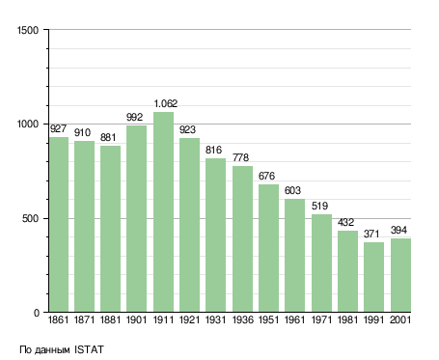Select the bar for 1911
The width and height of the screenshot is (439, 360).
(x=163, y=212)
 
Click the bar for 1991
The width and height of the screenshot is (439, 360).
(x=373, y=277)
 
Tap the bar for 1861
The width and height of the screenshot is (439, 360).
(x=59, y=225)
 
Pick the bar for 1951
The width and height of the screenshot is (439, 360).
(x=268, y=248)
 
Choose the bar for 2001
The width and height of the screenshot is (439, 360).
(x=400, y=275)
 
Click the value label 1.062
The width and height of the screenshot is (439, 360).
(x=166, y=103)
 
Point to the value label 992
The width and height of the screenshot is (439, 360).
(x=134, y=117)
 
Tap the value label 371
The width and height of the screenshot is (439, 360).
(x=371, y=234)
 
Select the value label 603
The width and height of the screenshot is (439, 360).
(x=292, y=190)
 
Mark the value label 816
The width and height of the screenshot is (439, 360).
(x=213, y=150)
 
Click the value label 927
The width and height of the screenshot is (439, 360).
(x=58, y=128)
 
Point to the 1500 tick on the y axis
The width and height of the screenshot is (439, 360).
(x=28, y=30)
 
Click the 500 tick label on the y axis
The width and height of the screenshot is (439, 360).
(x=30, y=219)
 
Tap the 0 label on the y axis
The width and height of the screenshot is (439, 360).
(x=37, y=313)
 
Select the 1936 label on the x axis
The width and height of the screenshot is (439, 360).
(x=242, y=319)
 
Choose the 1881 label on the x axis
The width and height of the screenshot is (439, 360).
(x=110, y=319)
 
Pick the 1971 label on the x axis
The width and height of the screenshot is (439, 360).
(x=321, y=319)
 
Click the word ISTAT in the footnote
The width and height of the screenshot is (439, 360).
(x=89, y=349)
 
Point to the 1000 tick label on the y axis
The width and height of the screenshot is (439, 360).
(x=28, y=125)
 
